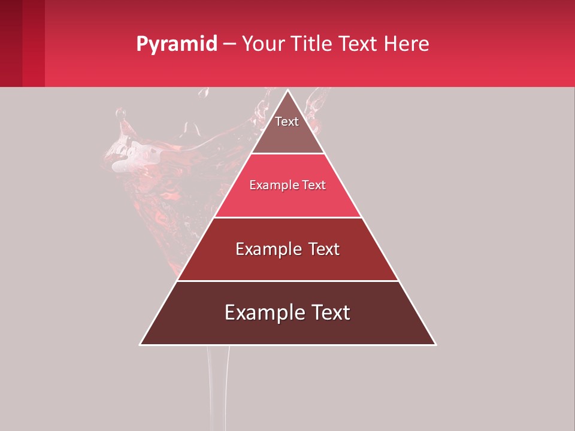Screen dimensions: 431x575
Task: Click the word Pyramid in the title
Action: click(176, 44)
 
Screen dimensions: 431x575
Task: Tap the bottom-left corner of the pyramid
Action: click(141, 344)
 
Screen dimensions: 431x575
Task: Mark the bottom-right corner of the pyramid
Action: click(435, 344)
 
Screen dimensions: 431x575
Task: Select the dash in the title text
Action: click(229, 44)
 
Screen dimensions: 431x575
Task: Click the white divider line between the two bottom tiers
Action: click(287, 281)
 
